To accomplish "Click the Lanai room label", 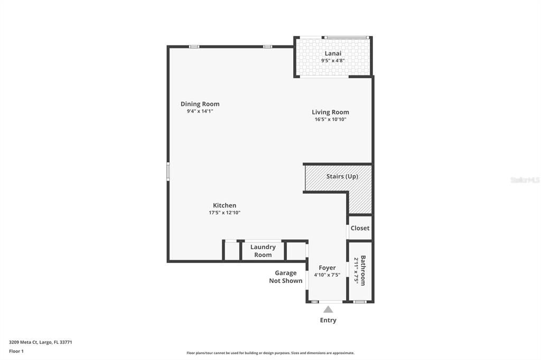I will (333, 53).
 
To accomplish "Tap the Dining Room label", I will (200, 104).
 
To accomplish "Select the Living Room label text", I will (330, 112).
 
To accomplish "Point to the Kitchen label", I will (225, 205).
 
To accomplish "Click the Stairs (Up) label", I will (342, 176).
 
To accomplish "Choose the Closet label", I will (360, 228).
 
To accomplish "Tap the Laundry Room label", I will (263, 251).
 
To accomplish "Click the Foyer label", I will (327, 268).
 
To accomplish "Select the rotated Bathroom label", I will (363, 271).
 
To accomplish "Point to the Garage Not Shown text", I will (286, 277).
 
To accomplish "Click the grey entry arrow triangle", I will (328, 309).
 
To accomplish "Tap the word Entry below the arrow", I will (328, 320).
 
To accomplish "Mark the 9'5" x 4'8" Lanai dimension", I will (333, 61).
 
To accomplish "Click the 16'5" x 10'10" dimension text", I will (330, 119).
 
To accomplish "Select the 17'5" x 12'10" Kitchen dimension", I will (225, 213).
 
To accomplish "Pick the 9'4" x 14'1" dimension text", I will (200, 111).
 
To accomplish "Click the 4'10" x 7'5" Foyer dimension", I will (327, 275).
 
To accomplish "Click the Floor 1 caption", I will (16, 351).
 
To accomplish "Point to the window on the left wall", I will (168, 172).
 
